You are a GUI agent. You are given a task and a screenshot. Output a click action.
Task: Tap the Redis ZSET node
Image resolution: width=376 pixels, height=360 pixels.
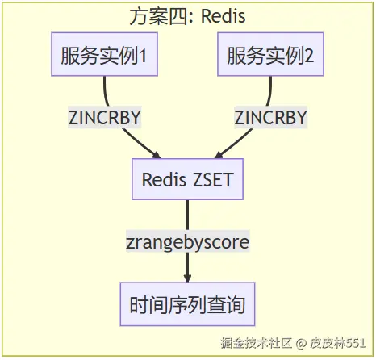pos(187,179)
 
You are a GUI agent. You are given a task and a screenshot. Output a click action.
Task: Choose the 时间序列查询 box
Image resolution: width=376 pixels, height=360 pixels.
pos(187,305)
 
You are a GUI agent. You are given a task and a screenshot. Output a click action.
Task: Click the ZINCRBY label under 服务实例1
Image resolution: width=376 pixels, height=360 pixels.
pos(105,118)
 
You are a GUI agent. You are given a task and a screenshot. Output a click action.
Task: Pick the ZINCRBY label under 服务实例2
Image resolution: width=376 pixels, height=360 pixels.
pos(270,118)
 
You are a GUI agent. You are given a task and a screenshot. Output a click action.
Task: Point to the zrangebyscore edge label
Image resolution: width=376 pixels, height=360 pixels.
pos(187,241)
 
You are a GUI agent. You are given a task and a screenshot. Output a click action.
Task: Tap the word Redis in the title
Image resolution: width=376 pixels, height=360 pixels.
pos(224,15)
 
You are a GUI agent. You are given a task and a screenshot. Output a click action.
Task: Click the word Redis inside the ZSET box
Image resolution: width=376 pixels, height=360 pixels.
pos(164,179)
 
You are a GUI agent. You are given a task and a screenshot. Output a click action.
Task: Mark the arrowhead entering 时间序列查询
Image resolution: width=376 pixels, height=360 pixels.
pos(187,278)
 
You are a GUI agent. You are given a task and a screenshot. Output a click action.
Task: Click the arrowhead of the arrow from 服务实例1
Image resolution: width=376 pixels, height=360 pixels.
pos(157,154)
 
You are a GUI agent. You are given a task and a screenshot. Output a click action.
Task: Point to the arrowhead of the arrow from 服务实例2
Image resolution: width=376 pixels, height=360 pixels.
pos(217,154)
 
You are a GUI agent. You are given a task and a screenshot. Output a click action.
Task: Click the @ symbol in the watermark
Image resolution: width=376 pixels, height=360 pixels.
pos(300,343)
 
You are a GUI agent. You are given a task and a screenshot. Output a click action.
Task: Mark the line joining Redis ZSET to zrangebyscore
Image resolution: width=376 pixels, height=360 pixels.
pos(187,216)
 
